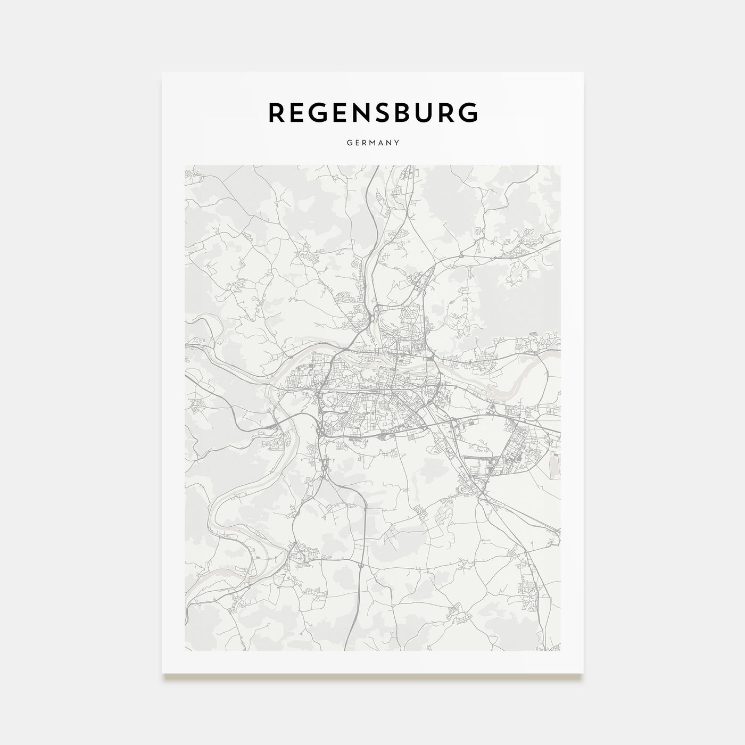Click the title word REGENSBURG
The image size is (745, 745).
pyautogui.click(x=372, y=112)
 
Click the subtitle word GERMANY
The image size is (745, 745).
pyautogui.click(x=372, y=143)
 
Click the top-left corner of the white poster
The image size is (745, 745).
pyautogui.click(x=162, y=72)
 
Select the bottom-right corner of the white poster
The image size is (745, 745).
pyautogui.click(x=583, y=673)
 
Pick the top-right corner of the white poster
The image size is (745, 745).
pyautogui.click(x=583, y=72)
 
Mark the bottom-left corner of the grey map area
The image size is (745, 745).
pyautogui.click(x=184, y=650)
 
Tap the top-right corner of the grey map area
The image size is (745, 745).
pyautogui.click(x=560, y=165)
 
